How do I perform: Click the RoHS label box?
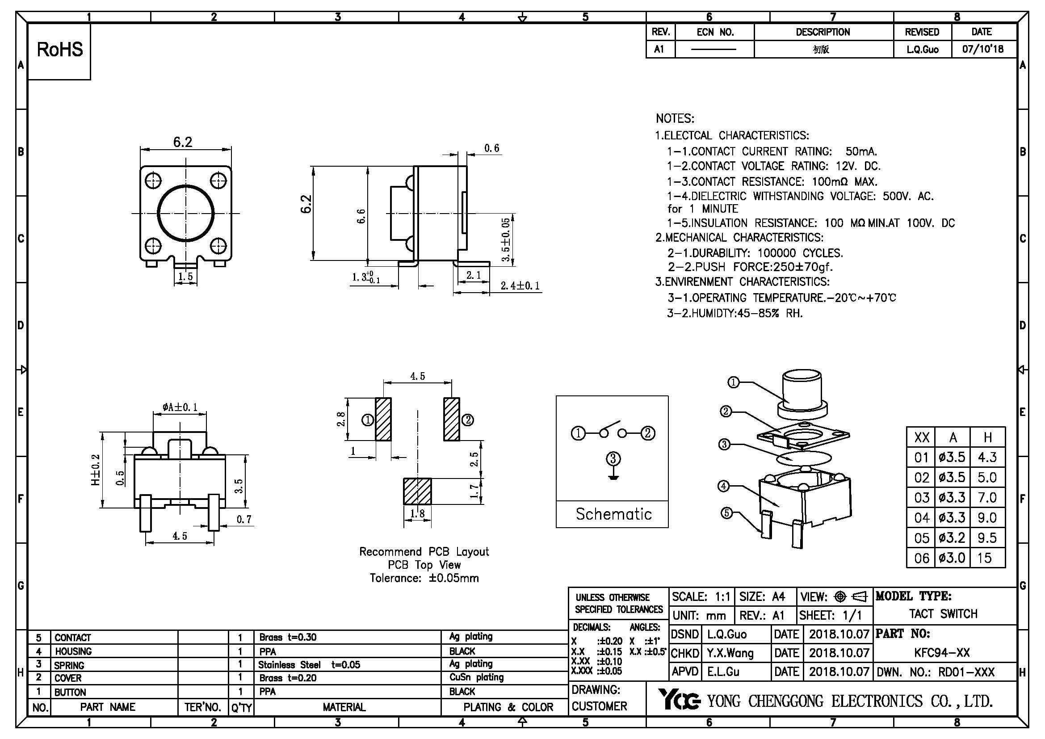59,50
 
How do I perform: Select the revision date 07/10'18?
982,49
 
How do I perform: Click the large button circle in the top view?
186,213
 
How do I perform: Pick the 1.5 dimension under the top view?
185,277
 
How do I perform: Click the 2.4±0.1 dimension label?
520,286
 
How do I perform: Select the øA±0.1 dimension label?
180,407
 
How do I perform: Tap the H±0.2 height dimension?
96,470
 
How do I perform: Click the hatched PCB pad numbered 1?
383,419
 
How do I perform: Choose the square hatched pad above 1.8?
417,491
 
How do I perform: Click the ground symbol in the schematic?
613,478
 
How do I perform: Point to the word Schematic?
613,514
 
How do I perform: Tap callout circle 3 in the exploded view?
725,444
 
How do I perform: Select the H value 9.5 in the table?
987,538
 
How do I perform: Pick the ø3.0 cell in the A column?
952,558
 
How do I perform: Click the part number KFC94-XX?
942,653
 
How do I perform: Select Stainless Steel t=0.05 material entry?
309,665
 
